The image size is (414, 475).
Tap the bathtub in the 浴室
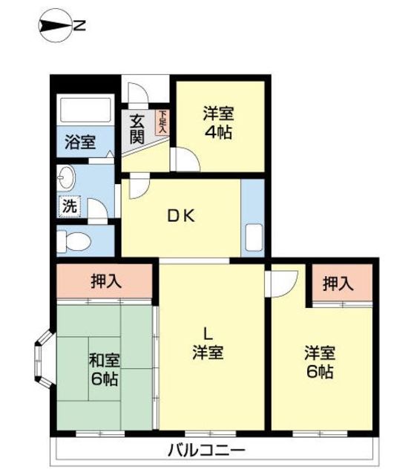(x=85, y=109)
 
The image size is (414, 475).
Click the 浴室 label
(x=81, y=142)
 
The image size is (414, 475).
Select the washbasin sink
(x=66, y=178)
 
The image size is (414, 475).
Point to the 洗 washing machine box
(x=70, y=206)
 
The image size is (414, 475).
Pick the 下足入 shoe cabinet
(x=162, y=122)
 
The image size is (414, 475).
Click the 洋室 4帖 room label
(x=219, y=122)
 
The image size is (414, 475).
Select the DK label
(x=182, y=216)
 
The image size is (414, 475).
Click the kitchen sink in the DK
(x=254, y=237)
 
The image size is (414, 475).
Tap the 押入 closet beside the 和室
(x=105, y=281)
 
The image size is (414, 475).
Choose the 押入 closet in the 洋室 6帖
(x=342, y=283)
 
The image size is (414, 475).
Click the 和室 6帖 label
(x=105, y=370)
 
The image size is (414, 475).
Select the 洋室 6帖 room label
(x=320, y=362)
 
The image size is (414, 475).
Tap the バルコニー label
(x=206, y=451)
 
